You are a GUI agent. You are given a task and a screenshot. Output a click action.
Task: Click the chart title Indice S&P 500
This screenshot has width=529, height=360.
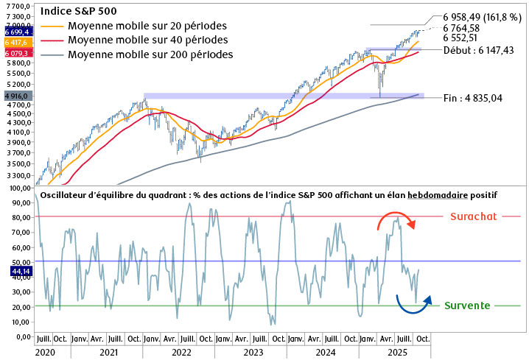[78, 12]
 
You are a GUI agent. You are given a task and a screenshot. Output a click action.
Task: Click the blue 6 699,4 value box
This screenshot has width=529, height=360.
[17, 32]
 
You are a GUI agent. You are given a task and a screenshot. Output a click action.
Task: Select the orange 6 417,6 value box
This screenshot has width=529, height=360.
[17, 43]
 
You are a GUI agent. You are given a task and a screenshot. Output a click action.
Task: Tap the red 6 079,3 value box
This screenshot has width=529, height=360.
[17, 53]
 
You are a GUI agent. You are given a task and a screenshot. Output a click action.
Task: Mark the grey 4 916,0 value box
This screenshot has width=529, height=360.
[17, 96]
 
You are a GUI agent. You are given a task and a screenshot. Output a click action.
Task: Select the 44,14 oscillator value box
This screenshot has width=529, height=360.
[17, 271]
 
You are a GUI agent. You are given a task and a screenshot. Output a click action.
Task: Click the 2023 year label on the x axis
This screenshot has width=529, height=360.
[253, 353]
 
